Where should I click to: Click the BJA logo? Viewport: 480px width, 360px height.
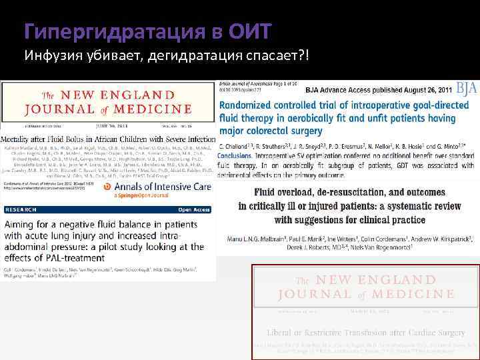[465, 88]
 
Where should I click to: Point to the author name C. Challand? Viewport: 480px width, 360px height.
[237, 145]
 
